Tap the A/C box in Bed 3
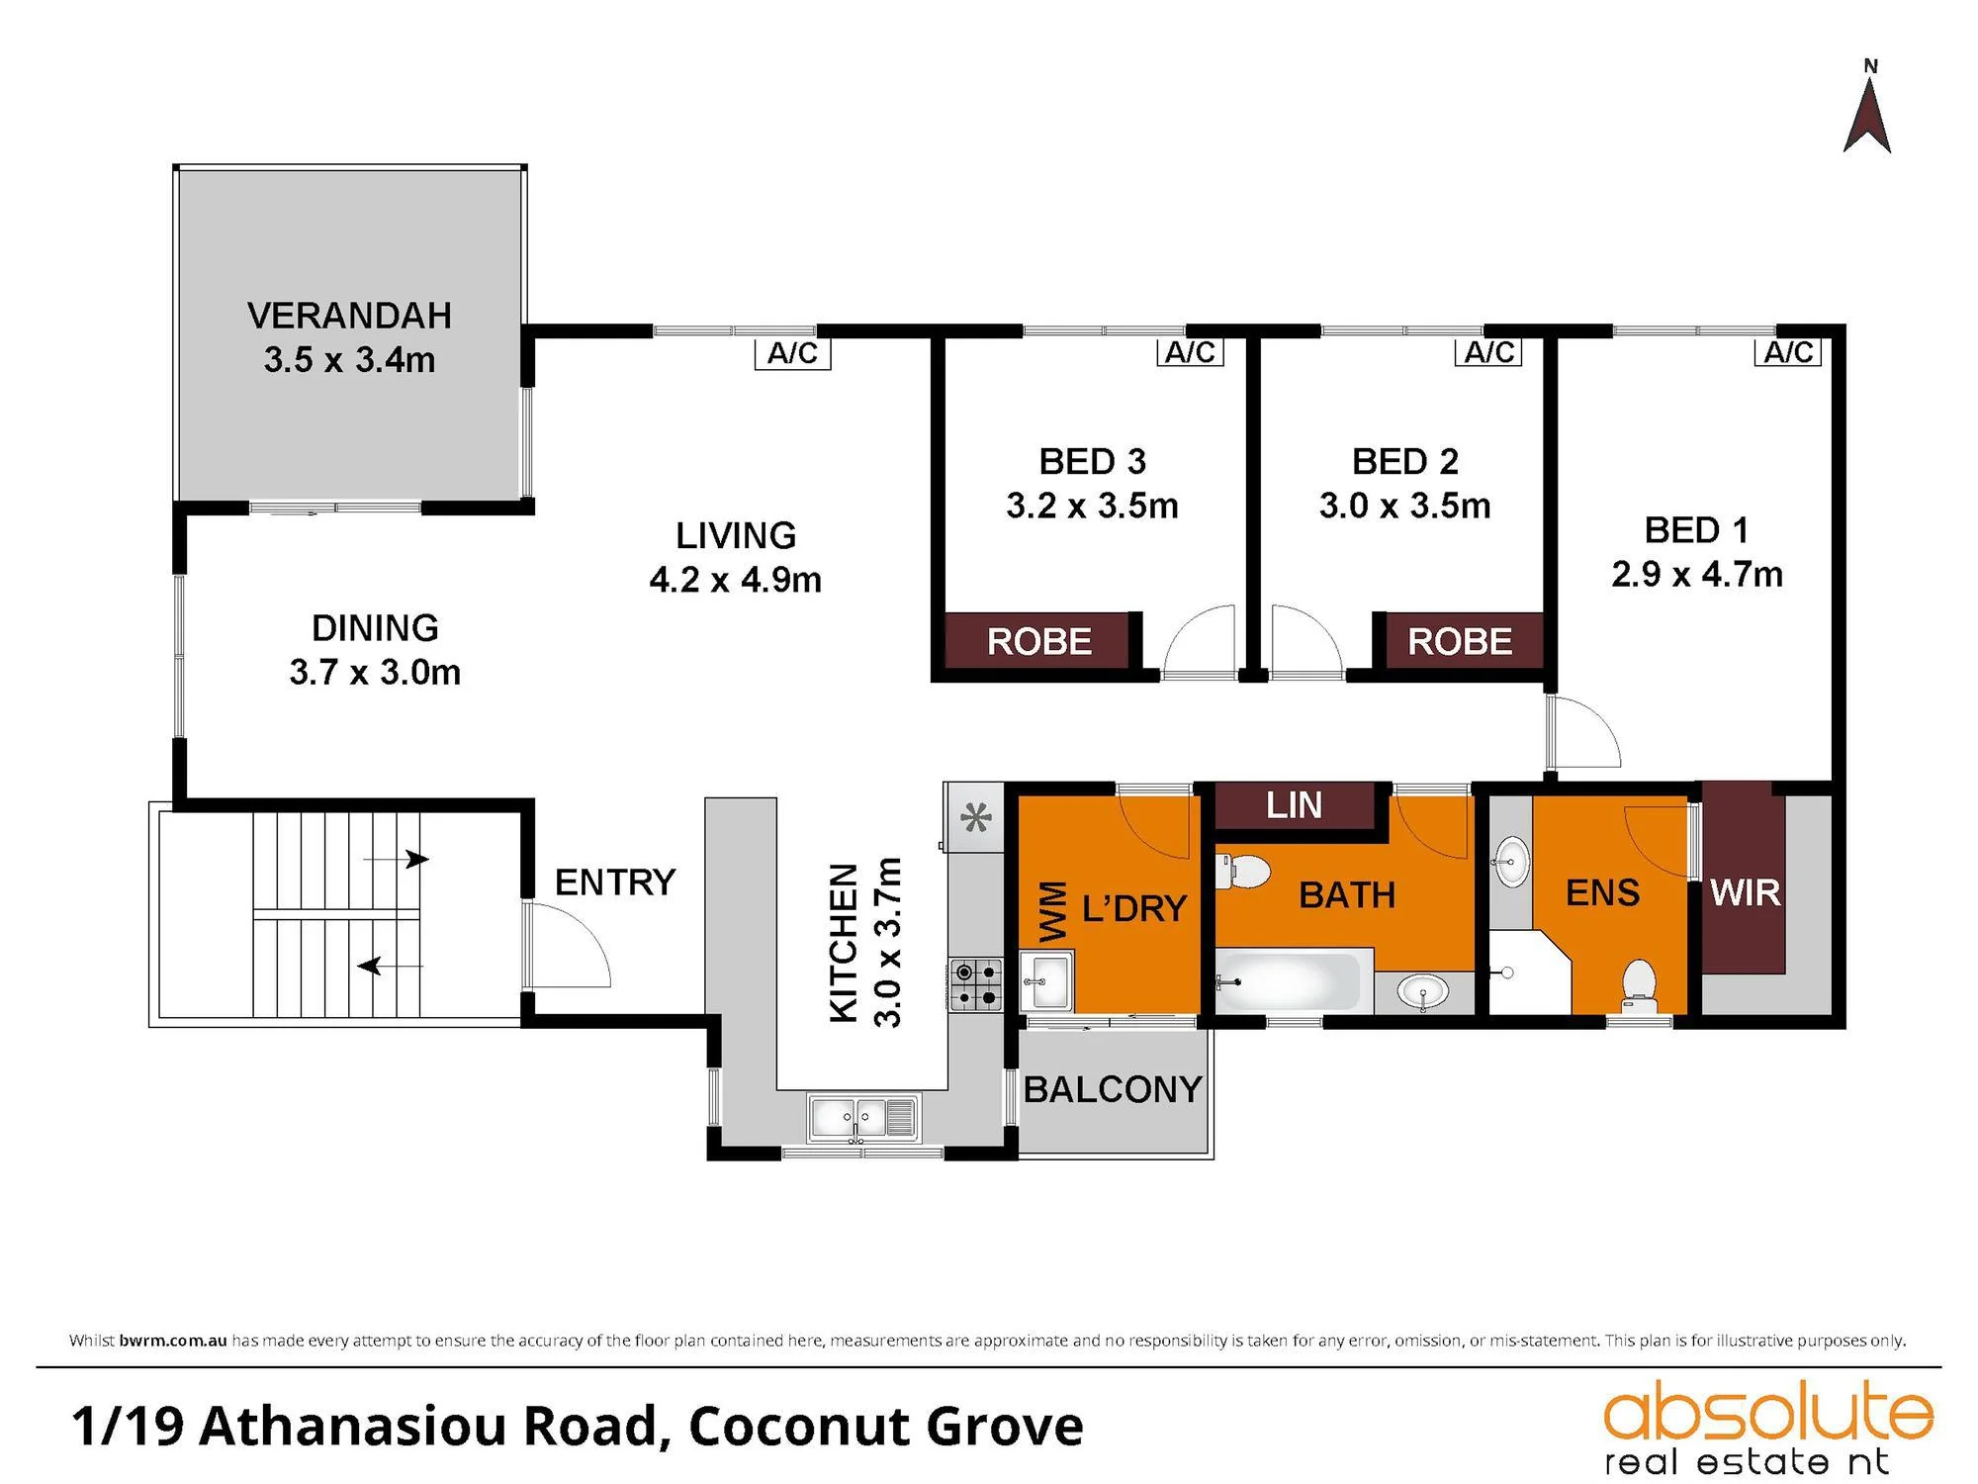(x=1190, y=351)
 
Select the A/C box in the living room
(x=792, y=353)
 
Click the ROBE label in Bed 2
(x=1460, y=641)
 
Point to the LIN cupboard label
(x=1294, y=805)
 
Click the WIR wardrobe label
(x=1746, y=892)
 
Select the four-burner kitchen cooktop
(x=975, y=985)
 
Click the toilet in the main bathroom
(x=1242, y=873)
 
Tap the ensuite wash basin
(x=1510, y=862)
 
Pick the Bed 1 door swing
(x=1584, y=732)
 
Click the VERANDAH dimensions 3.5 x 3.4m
(x=349, y=359)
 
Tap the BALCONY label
(x=1113, y=1089)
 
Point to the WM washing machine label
(x=1053, y=911)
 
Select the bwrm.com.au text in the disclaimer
(x=173, y=1341)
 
